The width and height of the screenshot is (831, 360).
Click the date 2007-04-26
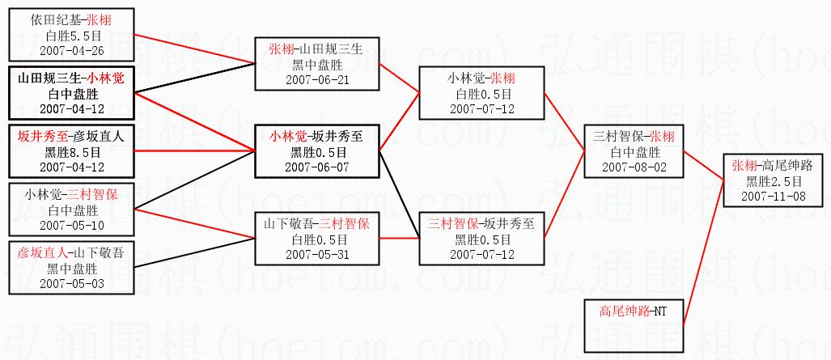(71, 51)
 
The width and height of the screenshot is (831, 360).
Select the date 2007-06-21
(317, 80)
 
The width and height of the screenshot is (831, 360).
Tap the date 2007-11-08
(774, 196)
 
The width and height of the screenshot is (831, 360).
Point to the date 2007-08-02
(634, 167)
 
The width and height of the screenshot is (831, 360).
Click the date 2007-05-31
(317, 254)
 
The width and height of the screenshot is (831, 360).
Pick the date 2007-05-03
(71, 283)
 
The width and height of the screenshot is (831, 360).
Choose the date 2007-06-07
(317, 167)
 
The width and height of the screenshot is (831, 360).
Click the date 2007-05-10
(71, 226)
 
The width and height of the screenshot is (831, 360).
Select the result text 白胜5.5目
(71, 36)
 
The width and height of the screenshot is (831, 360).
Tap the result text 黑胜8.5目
(71, 151)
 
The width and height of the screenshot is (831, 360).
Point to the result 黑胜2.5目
(774, 181)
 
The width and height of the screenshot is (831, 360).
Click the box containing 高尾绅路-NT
(634, 326)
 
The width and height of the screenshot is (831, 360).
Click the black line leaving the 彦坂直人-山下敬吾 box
(194, 252)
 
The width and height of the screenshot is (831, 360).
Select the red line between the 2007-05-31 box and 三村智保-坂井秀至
(399, 238)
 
